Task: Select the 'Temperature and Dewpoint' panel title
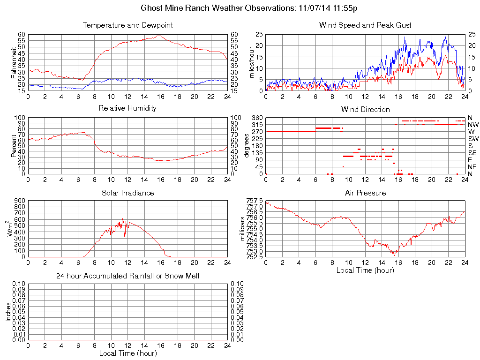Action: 127,25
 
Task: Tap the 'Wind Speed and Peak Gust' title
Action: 365,25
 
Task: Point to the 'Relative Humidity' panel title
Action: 127,108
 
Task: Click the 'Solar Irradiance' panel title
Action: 127,193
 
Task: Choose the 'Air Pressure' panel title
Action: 365,193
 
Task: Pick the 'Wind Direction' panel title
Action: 365,109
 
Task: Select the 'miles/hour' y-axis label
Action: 251,62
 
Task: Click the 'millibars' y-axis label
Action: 242,228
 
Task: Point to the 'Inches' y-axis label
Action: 8,312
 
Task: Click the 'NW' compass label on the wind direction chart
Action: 472,125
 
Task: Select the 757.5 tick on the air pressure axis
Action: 254,201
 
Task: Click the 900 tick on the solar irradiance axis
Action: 20,201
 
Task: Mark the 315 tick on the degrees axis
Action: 256,125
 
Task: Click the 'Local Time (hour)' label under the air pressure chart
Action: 365,270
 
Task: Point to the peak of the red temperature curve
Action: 159,36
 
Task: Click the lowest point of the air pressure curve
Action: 395,255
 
